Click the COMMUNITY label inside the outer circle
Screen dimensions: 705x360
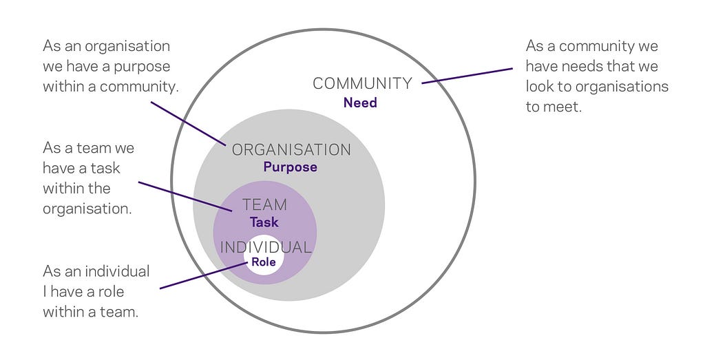(x=362, y=83)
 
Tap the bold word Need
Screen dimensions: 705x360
(x=360, y=103)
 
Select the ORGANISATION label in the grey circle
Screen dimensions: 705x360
(x=291, y=149)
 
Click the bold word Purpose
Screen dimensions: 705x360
(x=290, y=167)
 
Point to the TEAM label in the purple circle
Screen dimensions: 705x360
(x=265, y=205)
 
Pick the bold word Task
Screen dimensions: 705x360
(x=264, y=222)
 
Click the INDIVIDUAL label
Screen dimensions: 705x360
(x=266, y=247)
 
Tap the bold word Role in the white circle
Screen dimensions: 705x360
(x=264, y=262)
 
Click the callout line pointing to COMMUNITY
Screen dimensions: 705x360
(x=467, y=76)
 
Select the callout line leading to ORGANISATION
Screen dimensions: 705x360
(x=189, y=124)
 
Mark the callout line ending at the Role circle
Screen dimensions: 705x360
(x=203, y=275)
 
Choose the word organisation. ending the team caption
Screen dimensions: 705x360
(x=87, y=209)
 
